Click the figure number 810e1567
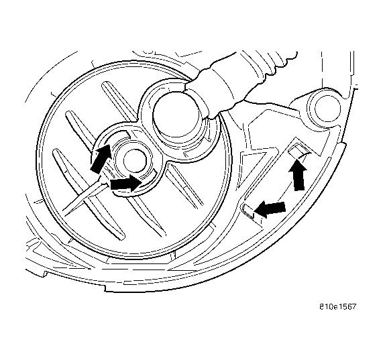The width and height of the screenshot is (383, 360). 338,307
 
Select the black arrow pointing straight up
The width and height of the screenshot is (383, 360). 298,175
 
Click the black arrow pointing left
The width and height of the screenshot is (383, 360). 270,209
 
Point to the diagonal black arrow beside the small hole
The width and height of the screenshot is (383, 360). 100,159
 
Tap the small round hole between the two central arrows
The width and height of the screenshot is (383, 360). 135,161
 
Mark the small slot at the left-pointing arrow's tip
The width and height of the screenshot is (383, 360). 248,211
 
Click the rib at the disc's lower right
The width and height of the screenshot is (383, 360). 184,187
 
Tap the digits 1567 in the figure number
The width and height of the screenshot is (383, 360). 347,307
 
